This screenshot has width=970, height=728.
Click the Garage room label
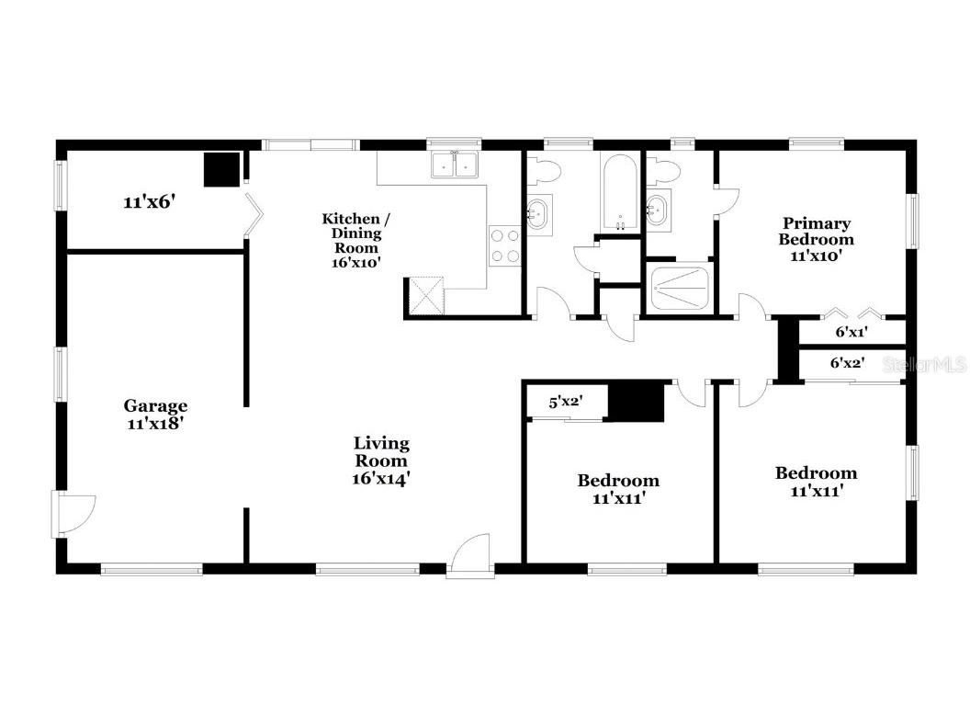point(155,414)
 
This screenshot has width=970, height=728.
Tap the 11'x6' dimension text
point(149,201)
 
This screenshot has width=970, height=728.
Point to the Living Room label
point(381,461)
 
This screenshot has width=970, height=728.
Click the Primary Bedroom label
point(816,239)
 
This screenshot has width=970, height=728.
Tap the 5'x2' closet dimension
point(566,402)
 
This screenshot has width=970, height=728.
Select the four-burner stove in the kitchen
point(504,245)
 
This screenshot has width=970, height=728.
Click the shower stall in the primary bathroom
point(680,287)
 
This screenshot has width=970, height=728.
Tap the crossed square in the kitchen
point(424,294)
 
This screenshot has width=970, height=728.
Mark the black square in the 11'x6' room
point(221,170)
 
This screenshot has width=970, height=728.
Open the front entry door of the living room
point(469,558)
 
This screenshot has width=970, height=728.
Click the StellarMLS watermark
point(924,365)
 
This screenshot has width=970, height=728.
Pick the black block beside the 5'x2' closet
point(637,403)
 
